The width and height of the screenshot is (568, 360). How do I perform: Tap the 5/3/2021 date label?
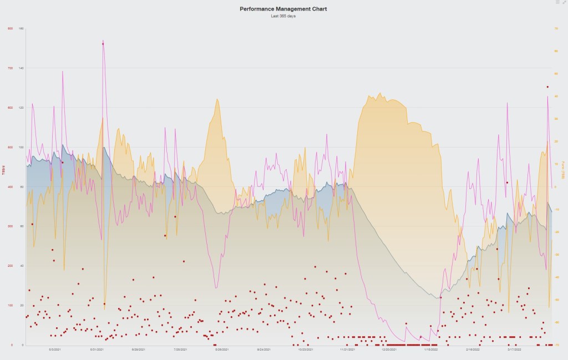click(55, 350)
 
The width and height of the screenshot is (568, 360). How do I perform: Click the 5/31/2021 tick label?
click(97, 350)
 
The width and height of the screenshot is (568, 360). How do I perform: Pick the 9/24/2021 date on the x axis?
click(264, 350)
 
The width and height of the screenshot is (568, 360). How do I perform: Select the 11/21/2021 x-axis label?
click(347, 350)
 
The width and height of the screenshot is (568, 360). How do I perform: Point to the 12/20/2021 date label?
click(389, 350)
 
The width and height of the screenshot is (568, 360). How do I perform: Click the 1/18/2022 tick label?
click(431, 350)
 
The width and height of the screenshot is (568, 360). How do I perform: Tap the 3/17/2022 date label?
click(515, 350)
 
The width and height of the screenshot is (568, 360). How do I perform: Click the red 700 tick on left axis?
click(10, 68)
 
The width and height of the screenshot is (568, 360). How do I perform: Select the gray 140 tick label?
click(21, 68)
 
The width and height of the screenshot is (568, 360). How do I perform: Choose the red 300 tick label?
click(10, 226)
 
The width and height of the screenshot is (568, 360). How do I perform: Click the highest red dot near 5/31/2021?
click(103, 44)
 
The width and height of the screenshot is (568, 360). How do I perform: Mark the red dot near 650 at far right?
click(547, 87)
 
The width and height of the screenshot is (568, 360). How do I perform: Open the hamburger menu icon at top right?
click(557, 2)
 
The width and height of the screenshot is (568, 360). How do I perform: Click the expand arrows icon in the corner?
click(564, 2)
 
